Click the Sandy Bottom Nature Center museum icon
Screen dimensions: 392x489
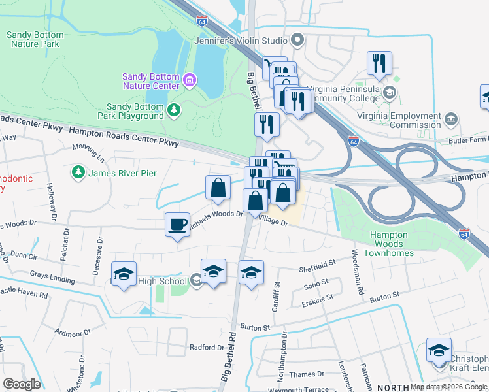(190, 80)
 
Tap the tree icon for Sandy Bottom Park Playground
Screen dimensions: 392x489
(174, 110)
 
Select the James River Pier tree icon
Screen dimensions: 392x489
(78, 172)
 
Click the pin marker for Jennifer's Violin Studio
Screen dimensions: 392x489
(298, 41)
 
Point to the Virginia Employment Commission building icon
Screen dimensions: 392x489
(451, 120)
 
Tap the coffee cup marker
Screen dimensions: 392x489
(177, 225)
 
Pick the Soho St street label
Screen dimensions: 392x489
(316, 286)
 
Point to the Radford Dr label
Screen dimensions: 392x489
(207, 348)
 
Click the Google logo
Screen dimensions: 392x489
(22, 384)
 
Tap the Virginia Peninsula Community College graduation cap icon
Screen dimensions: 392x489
(390, 92)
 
